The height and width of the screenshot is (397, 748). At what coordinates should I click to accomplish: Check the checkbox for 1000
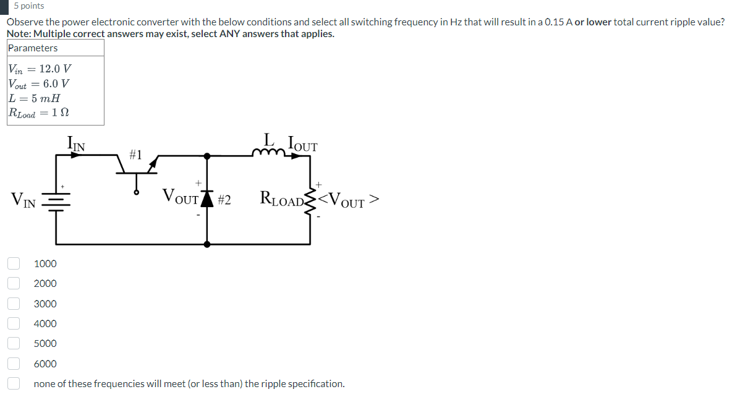coord(14,263)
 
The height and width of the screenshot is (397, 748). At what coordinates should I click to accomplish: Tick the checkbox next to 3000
coord(14,304)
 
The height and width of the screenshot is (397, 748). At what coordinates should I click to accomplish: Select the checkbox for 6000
coord(14,364)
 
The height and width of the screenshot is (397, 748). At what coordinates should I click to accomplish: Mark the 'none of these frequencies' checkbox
coord(14,383)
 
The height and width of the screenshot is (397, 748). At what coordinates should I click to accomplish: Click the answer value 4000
coord(45,323)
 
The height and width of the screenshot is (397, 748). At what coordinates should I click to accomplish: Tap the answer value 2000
coord(45,283)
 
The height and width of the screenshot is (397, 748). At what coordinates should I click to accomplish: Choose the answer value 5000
coord(45,343)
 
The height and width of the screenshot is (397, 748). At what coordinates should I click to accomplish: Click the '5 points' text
coord(29,6)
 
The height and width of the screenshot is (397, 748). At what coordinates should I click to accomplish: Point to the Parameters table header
coord(33,48)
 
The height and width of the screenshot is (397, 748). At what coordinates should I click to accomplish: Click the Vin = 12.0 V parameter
coord(40,69)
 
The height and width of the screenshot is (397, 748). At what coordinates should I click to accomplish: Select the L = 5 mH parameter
coord(34,98)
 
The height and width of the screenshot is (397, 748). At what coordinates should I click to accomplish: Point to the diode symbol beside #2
coord(207,199)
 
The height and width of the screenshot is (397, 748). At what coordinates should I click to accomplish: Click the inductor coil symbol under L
coord(268,153)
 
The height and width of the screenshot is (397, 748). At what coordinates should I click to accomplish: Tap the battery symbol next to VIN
coord(57,199)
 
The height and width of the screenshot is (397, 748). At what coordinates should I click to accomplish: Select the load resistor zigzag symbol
coord(311,199)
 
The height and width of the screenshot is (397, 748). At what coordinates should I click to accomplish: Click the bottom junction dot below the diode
coord(207,244)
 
